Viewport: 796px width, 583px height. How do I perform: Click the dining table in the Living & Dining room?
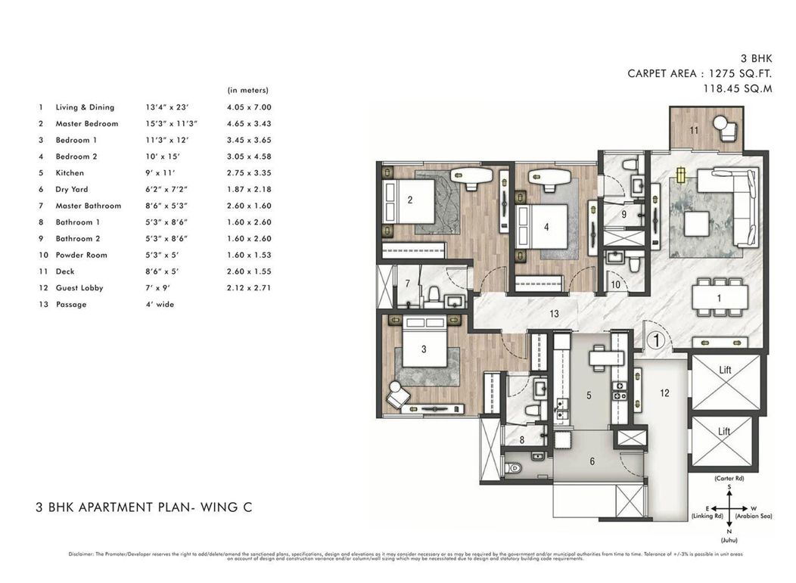tap(719, 298)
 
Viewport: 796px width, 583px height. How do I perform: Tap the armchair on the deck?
tap(726, 126)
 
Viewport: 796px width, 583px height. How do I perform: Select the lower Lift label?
tap(724, 431)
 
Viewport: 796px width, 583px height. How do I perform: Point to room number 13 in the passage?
tap(555, 312)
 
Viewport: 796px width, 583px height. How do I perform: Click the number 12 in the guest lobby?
tap(664, 392)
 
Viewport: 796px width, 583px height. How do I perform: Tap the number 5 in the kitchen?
tap(588, 394)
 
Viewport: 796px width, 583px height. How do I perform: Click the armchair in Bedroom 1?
tap(398, 393)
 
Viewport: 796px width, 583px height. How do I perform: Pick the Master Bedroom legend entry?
tap(86, 124)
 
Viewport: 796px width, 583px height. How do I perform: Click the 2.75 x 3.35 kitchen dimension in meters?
tap(248, 173)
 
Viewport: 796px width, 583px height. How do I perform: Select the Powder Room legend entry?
tap(81, 255)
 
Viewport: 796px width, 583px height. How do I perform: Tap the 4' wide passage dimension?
tap(160, 304)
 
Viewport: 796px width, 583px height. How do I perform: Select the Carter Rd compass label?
tap(729, 479)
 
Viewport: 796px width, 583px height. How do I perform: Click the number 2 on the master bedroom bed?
tap(409, 200)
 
